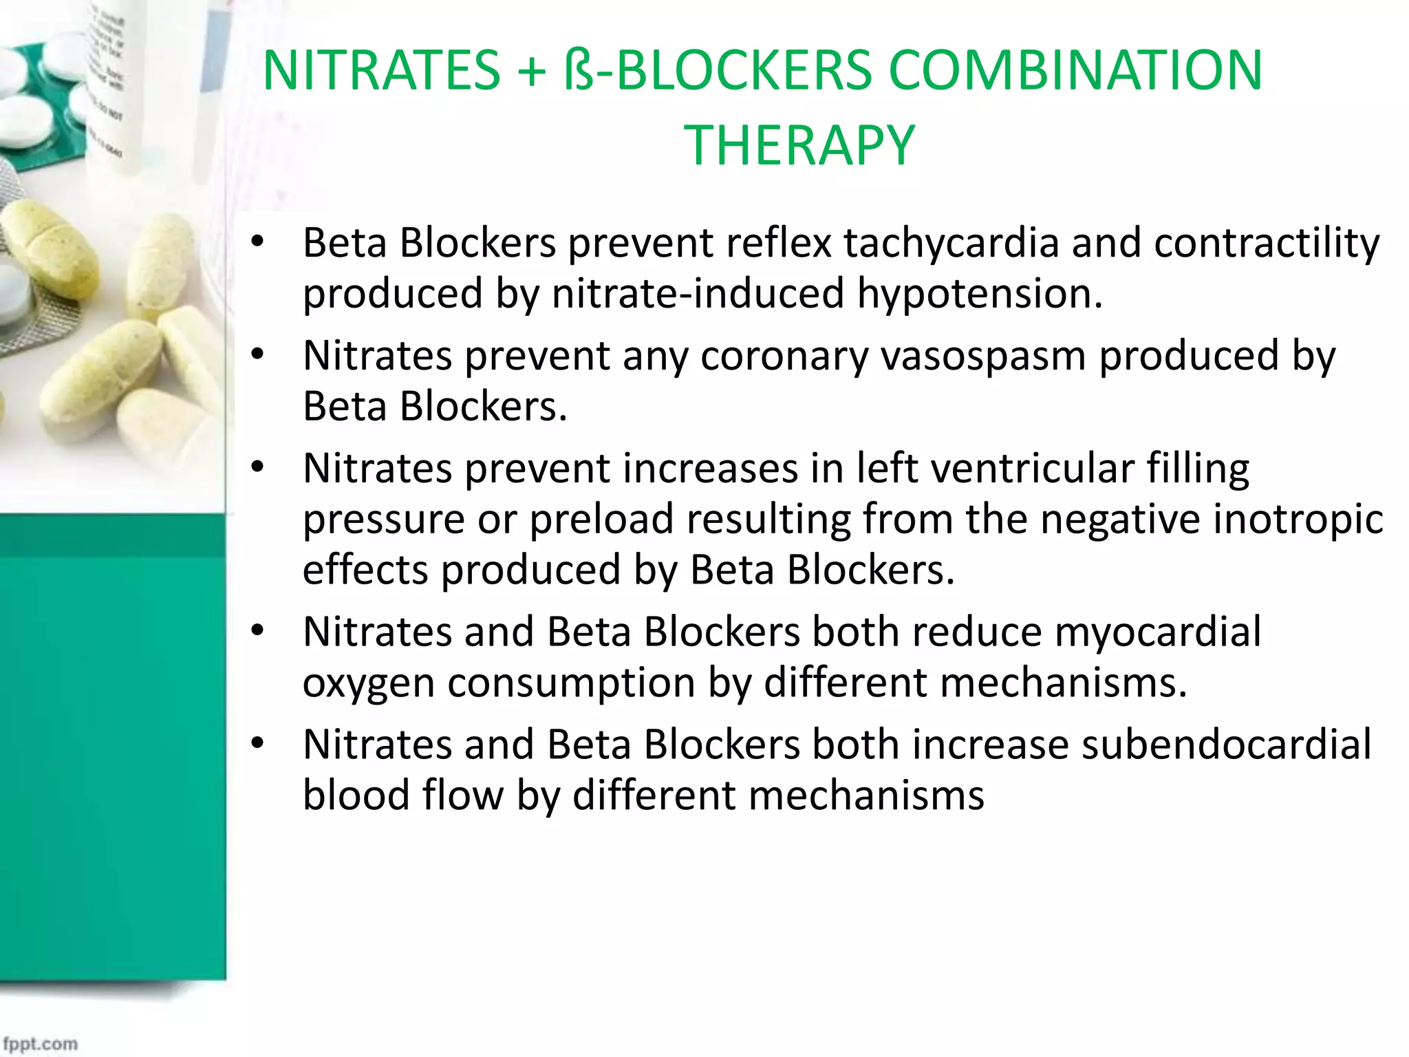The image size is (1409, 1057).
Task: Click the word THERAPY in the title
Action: tap(799, 145)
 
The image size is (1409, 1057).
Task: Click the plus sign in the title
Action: tap(531, 72)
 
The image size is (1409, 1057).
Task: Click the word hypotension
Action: tap(980, 294)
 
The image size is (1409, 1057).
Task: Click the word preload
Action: tap(601, 519)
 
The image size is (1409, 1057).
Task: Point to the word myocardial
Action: tap(1158, 632)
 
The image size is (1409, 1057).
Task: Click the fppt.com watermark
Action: tap(40, 1043)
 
